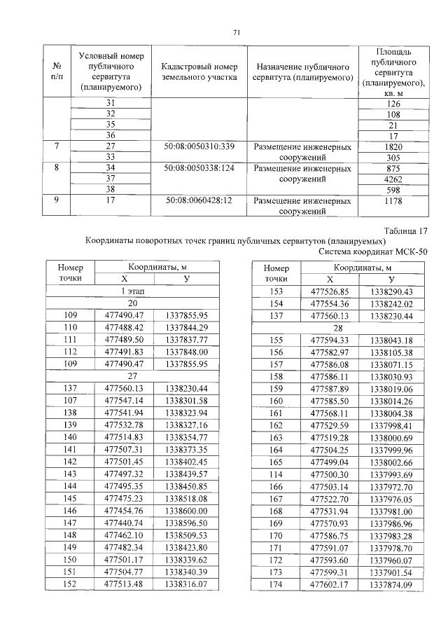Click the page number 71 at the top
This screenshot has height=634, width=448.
pos(237,33)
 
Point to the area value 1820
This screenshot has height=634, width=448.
pos(393,147)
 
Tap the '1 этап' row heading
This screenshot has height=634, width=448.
pos(132,291)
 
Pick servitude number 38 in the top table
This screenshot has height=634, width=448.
pos(110,190)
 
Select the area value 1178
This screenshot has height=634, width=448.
pos(393,201)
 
